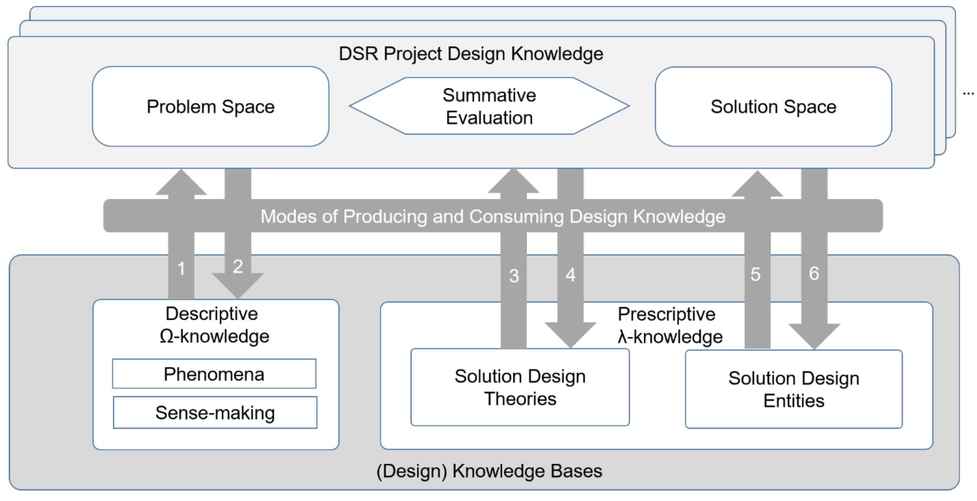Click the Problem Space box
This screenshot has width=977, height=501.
[x=211, y=106]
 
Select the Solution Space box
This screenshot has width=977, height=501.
[x=773, y=106]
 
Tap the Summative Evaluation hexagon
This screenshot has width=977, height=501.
[x=489, y=106]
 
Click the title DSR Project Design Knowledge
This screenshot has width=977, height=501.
[x=471, y=54]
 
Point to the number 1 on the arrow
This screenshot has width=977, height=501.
[x=181, y=269]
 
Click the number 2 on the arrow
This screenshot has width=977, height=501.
[x=238, y=266]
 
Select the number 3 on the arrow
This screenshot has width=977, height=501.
[x=514, y=276]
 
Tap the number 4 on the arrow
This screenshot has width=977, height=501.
[x=571, y=275]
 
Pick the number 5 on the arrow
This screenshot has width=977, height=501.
[x=756, y=274]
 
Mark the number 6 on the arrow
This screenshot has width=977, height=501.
[x=814, y=273]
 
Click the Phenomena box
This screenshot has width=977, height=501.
[x=214, y=374]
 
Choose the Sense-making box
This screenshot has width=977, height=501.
[x=215, y=413]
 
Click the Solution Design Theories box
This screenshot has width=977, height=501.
[x=520, y=388]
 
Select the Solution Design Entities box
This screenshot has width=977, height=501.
[x=794, y=389]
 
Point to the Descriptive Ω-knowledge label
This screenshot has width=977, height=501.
[x=214, y=325]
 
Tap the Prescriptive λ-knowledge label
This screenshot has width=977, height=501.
[x=669, y=325]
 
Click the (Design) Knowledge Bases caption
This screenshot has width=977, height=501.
[x=489, y=471]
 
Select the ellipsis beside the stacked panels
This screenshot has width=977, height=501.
[x=968, y=93]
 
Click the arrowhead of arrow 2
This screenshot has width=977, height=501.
[x=238, y=286]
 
